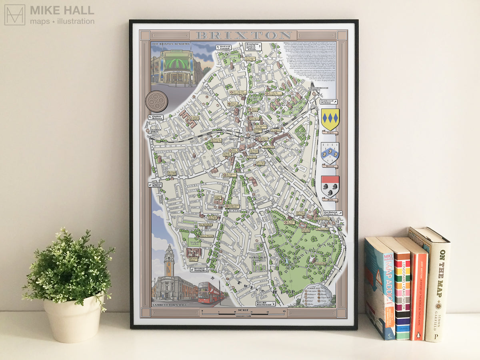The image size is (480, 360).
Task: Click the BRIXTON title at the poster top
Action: pyautogui.click(x=243, y=35)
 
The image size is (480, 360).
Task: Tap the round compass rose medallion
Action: pyautogui.click(x=156, y=100)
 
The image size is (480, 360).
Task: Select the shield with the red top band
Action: pyautogui.click(x=330, y=186)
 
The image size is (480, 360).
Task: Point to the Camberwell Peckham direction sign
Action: pyautogui.click(x=328, y=102)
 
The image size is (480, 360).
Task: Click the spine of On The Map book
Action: pyautogui.click(x=438, y=284)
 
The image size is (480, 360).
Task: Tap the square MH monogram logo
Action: pyautogui.click(x=15, y=15)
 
